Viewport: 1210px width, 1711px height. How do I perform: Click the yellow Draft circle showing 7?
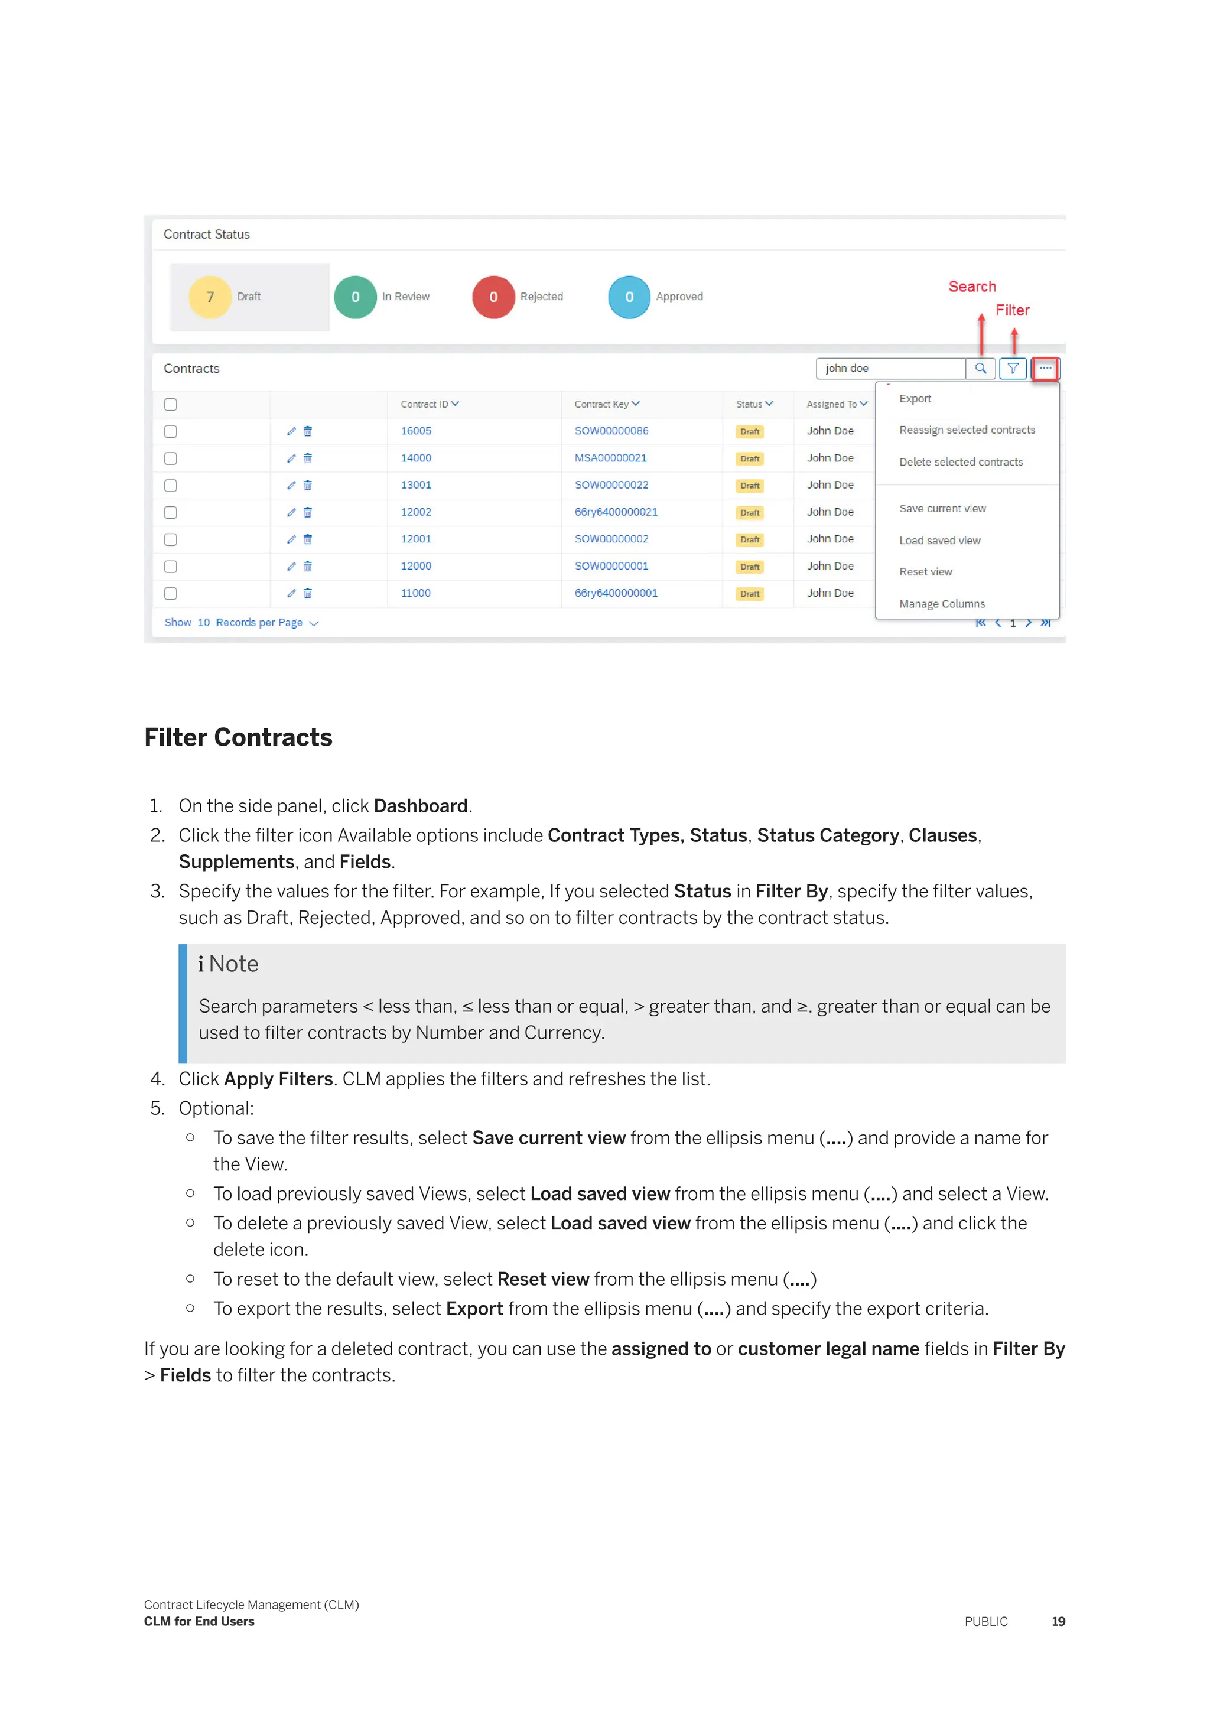(210, 297)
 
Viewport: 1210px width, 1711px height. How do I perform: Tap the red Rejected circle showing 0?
(493, 297)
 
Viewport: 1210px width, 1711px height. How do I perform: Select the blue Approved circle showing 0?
(629, 297)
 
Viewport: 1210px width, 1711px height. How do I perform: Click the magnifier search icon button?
(981, 368)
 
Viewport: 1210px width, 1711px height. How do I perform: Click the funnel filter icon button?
(1013, 368)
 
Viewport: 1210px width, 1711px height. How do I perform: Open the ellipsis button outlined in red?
(1045, 368)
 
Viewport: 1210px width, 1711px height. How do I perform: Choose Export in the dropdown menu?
(915, 399)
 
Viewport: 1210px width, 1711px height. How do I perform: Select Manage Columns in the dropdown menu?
(942, 604)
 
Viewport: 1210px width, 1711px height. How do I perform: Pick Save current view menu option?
(942, 508)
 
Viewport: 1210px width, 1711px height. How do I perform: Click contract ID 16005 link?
(416, 431)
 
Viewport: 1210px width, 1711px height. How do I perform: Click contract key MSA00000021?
(610, 457)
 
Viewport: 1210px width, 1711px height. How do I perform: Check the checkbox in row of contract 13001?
(171, 485)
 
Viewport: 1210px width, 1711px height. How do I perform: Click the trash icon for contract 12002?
(308, 512)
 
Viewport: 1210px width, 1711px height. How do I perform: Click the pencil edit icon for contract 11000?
(291, 593)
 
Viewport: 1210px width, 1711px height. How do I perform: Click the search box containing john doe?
(890, 368)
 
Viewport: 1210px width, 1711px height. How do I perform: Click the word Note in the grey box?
(233, 964)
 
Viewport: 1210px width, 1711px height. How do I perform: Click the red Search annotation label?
(971, 286)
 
